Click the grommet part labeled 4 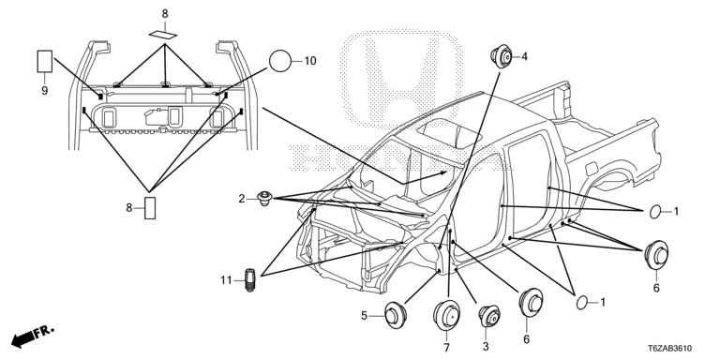502,56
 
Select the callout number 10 310,61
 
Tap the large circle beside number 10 280,61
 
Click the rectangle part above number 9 45,61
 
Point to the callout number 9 45,90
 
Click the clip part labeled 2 264,199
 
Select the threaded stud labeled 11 249,279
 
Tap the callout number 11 226,279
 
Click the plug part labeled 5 395,315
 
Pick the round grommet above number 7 447,315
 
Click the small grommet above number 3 489,317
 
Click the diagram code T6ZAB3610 670,349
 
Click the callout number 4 524,56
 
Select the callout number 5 364,315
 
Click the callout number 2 242,199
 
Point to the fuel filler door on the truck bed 592,168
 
